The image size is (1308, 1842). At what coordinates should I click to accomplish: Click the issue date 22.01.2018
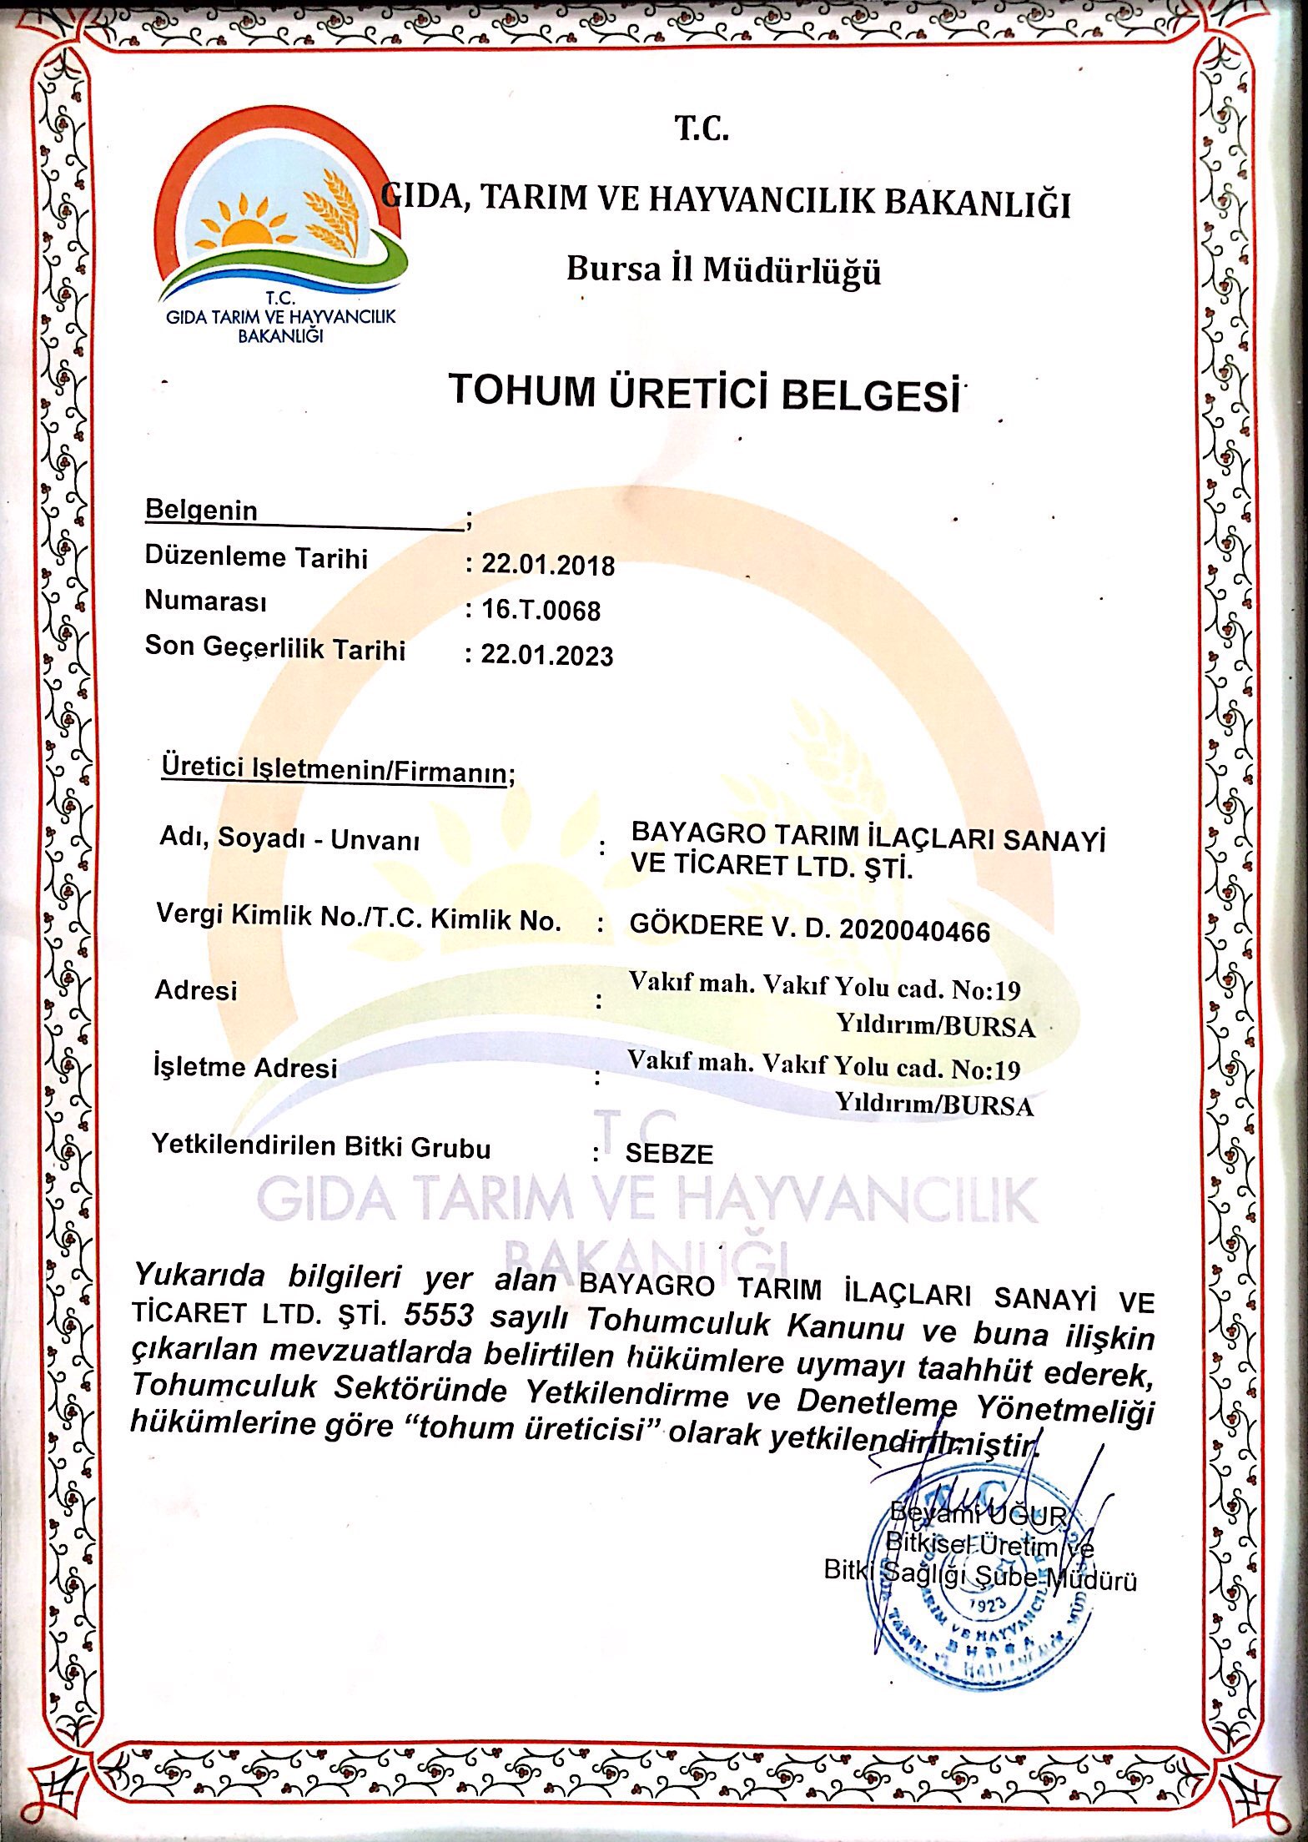point(548,565)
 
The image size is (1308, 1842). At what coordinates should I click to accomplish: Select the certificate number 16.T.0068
point(541,610)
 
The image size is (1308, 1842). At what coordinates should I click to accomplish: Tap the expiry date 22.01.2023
point(547,655)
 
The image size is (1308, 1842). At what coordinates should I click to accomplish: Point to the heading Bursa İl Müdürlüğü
point(723,269)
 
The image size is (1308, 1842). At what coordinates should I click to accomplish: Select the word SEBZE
point(669,1155)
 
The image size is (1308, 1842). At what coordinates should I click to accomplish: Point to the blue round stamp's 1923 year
point(987,1605)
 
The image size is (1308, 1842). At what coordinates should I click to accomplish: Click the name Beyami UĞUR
point(978,1511)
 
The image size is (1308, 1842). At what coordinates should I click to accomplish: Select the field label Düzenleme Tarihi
point(256,557)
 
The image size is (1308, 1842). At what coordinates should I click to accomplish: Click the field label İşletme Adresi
point(245,1067)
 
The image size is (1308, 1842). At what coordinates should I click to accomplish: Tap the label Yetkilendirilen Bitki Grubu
point(321,1146)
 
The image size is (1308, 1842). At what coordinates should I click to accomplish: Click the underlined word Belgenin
point(201,510)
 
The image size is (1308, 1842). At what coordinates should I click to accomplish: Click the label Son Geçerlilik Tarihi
point(274,648)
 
